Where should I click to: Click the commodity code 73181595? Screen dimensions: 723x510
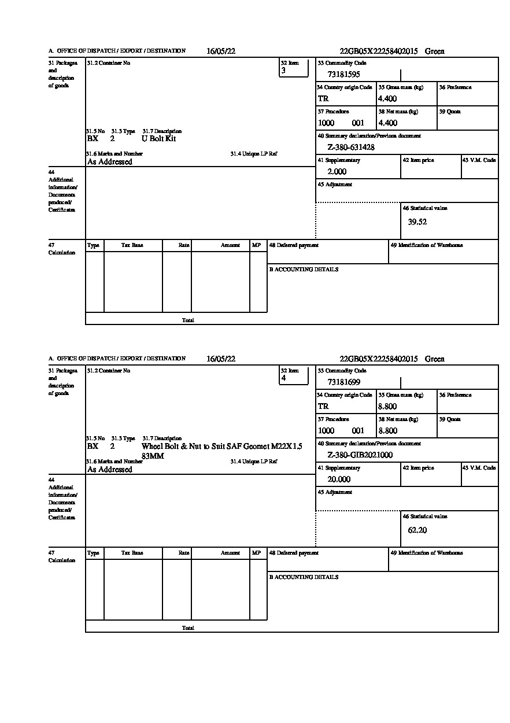(343, 74)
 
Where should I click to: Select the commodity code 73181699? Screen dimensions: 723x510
(343, 382)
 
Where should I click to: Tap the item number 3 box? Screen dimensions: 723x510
(293, 68)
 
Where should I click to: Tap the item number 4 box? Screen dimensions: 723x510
(293, 376)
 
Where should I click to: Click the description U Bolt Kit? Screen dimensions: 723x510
(158, 139)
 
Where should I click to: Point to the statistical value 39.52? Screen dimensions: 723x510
(417, 222)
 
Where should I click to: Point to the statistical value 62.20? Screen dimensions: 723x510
(417, 530)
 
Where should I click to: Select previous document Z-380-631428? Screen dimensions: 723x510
(351, 147)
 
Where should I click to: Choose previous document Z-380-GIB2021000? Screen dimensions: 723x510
(360, 455)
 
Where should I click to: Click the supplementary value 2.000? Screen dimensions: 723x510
(337, 172)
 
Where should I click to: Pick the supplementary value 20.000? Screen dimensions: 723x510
(339, 479)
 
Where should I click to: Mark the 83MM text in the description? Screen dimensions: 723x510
(153, 456)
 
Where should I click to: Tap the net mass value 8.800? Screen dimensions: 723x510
(387, 431)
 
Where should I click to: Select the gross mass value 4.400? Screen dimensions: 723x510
(387, 99)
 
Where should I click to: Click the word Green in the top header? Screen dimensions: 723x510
(434, 51)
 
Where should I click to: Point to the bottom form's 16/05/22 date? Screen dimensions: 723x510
(221, 359)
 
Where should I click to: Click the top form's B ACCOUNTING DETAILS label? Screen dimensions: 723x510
(304, 270)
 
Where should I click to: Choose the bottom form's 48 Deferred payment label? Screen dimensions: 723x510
(294, 553)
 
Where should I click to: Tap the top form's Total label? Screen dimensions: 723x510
(188, 320)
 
